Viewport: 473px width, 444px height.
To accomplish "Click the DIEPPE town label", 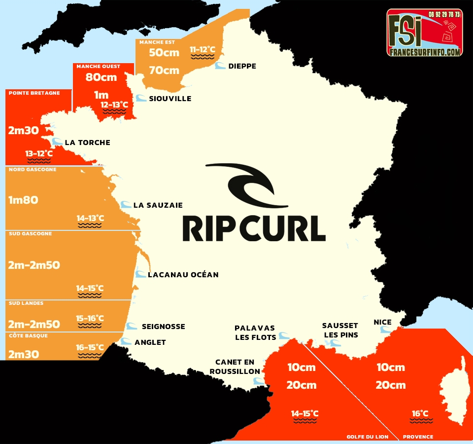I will click(242, 66).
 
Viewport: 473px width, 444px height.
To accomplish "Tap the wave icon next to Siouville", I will click(141, 98).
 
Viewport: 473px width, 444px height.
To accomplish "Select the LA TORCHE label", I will click(87, 143).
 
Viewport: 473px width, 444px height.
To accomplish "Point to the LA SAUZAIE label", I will click(158, 205).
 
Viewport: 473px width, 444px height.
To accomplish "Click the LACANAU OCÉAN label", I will click(183, 275).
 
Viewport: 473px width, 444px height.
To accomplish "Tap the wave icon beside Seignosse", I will click(132, 326).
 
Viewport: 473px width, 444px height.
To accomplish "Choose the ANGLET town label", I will click(150, 342).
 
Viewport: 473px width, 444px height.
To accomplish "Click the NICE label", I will click(383, 322).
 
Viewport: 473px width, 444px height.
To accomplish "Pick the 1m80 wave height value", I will click(23, 200).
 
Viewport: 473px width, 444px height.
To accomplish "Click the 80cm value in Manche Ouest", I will click(101, 77).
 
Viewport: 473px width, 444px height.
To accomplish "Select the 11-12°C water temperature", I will click(203, 49).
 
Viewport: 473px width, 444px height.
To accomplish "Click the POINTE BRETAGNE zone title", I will click(34, 93).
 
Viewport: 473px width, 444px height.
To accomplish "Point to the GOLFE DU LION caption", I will click(367, 437).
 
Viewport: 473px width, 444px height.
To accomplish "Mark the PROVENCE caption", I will click(418, 437).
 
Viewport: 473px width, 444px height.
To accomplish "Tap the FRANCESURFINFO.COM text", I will click(424, 51).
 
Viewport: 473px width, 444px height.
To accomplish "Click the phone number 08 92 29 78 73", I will click(444, 15).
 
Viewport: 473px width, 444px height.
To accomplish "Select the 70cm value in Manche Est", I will click(164, 70).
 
